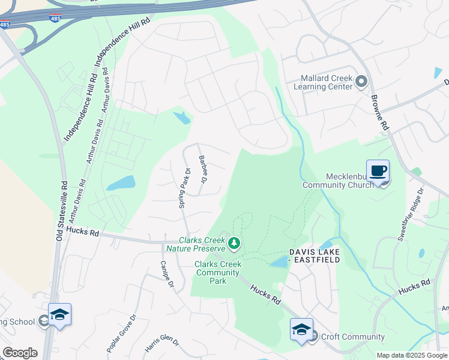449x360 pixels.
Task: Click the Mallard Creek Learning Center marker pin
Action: [361, 81]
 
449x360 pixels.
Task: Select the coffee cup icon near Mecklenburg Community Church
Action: [378, 171]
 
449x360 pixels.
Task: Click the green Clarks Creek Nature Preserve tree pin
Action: [234, 243]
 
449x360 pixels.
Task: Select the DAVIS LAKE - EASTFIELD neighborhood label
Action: [315, 256]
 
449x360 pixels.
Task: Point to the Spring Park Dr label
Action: [184, 188]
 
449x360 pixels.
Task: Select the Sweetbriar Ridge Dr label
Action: [411, 214]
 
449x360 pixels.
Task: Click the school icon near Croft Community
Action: [301, 329]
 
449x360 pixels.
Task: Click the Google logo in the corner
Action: [20, 353]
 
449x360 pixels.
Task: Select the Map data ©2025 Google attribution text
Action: [411, 355]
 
